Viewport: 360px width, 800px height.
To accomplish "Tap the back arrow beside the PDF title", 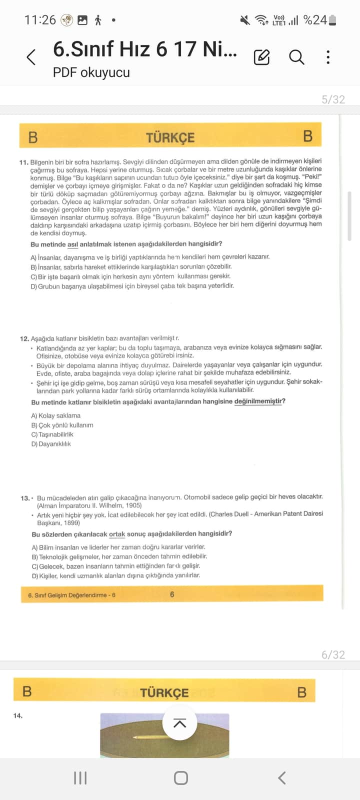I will coord(31,57).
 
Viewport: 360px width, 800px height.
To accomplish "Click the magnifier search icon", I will coord(296,57).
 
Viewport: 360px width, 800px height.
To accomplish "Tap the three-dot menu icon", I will coord(328,57).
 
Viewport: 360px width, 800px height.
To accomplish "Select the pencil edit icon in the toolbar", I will coord(261,57).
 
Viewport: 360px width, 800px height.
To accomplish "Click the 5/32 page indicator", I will coord(333,99).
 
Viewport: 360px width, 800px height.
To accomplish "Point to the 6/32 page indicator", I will coord(333,654).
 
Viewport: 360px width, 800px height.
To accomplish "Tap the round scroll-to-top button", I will coord(179,723).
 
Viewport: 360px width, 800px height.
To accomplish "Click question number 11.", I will coord(23,162).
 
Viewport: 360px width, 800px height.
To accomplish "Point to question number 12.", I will coord(24,338).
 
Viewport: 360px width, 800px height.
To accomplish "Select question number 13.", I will coord(25,498).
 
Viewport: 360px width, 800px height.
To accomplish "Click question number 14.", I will coord(18,715).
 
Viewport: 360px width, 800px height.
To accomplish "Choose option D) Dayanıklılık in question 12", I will coord(51,444).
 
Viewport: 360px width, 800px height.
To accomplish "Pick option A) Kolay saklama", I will coord(55,415).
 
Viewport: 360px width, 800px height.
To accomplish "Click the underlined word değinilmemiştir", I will coord(259,401).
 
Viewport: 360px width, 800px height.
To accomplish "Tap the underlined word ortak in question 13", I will coord(117,534).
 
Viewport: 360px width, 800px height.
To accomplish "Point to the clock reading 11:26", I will coord(40,20).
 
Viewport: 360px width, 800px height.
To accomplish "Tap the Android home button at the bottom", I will coord(180,778).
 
